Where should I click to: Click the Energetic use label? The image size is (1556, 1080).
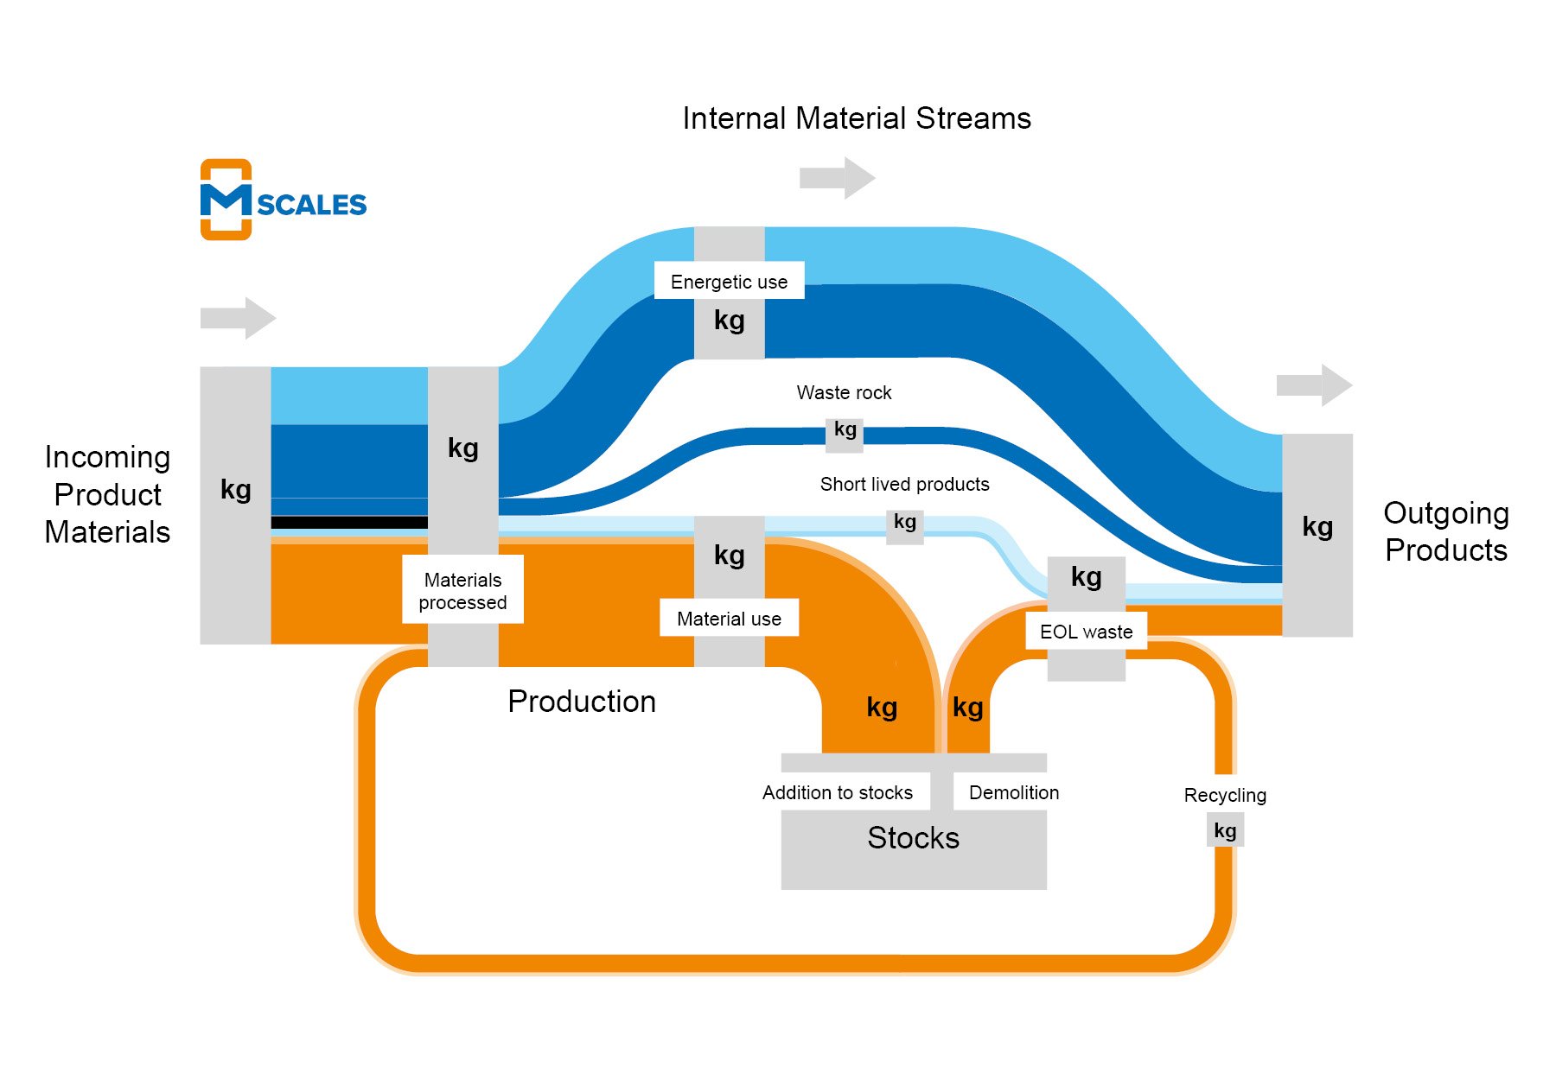point(729,282)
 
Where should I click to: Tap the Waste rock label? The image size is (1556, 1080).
point(844,393)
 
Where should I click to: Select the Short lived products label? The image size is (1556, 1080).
point(904,485)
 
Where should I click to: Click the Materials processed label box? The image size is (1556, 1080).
point(462,590)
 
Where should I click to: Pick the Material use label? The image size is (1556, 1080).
point(729,619)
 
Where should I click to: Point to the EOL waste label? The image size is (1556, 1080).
point(1086,632)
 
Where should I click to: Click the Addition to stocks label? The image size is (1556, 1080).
point(837,792)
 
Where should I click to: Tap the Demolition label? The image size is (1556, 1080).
point(1013,792)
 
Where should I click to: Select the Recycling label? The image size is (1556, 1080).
point(1225,795)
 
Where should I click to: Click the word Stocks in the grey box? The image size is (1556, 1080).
point(913,838)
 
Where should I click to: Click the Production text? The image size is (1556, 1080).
point(582,702)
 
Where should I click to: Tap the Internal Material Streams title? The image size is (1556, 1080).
point(857,118)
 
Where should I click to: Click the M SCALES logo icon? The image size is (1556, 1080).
point(226,200)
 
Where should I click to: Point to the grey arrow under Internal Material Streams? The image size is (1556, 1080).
point(837,178)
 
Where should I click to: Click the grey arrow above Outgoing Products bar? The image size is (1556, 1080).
point(1314,385)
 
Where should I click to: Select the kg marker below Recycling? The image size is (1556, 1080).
point(1225,831)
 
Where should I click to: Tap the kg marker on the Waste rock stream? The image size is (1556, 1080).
point(845,430)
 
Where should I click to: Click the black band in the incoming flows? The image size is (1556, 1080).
point(349,523)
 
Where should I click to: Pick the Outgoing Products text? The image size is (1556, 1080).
point(1445,531)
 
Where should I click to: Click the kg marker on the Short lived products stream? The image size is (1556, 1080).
point(904,522)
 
